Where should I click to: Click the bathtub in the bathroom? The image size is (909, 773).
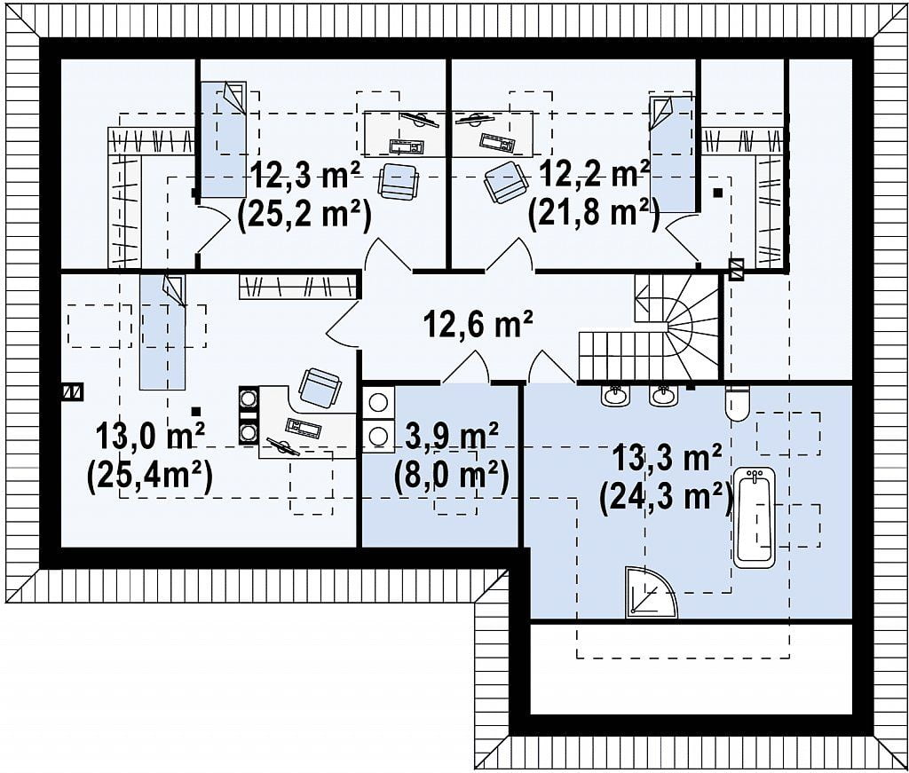pos(755,517)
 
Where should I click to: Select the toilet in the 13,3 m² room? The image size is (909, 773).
pos(738,403)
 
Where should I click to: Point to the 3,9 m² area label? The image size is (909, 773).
pos(452,437)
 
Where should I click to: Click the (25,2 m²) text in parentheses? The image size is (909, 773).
pos(304,215)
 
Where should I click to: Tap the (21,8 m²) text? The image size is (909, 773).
pos(594,215)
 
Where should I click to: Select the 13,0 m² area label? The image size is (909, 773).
pos(149,436)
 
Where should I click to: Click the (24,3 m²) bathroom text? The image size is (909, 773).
pos(667,497)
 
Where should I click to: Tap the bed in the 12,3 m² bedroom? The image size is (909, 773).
pos(223,139)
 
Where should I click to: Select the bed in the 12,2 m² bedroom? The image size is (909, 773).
pos(671,154)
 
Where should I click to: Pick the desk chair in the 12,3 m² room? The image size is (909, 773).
pos(399,181)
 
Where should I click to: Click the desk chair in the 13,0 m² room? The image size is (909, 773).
pos(320,387)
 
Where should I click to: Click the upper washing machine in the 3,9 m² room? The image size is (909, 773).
pos(378,402)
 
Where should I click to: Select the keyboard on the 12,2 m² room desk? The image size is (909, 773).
pos(497,141)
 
